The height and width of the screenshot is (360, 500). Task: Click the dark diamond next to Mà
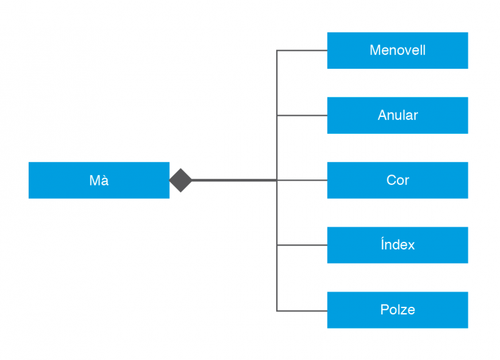coord(181,180)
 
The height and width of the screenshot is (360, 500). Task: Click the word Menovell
coord(397,50)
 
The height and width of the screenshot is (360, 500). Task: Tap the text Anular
coord(397,115)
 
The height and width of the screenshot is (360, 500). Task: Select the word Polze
coord(397,310)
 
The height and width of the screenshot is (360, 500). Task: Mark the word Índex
coord(397,245)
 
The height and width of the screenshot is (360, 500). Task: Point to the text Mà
coord(99,180)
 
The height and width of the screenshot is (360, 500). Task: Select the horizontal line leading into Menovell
coord(302,50)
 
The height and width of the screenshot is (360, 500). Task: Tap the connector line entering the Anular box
coord(302,115)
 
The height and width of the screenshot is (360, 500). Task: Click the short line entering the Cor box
coord(302,180)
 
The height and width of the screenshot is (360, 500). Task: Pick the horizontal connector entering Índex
coord(302,245)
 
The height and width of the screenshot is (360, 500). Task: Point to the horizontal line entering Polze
coord(302,311)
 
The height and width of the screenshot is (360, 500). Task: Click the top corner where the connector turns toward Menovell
coord(277,50)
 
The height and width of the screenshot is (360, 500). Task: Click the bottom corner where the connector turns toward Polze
coord(277,311)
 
